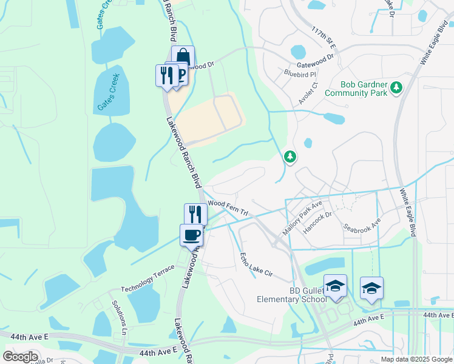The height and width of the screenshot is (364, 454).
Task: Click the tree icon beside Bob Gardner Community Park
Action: click(x=396, y=88)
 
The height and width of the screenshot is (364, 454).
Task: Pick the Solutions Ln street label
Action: click(x=118, y=316)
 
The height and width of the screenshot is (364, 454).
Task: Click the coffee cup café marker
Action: click(x=191, y=235)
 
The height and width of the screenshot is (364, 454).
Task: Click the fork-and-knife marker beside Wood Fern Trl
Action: click(x=195, y=214)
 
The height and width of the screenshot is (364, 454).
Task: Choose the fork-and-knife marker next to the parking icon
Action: click(x=166, y=75)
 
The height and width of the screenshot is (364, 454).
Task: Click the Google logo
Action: click(x=21, y=357)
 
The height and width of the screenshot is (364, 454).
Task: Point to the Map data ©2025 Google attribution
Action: click(x=416, y=359)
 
